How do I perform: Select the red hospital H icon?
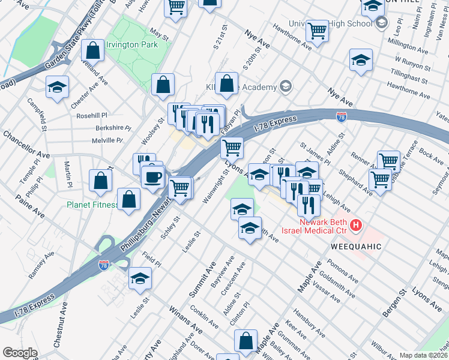tap(356, 226)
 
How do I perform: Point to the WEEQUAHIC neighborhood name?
tap(355, 247)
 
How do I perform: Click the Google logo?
tap(20, 353)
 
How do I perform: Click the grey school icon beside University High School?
tap(381, 23)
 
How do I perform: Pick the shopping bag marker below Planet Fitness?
tap(129, 200)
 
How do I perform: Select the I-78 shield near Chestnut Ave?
tap(103, 266)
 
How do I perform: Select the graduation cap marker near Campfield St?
tap(58, 87)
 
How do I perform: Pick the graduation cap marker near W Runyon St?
tap(361, 60)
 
